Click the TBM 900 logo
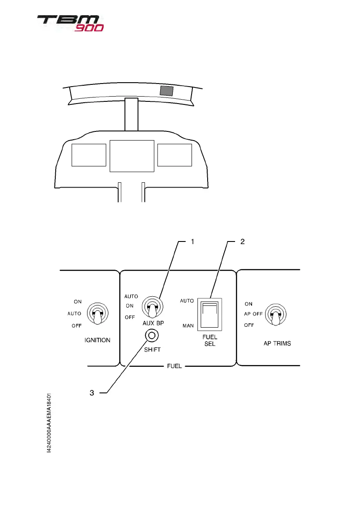70,23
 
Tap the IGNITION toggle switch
96,313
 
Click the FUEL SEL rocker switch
209,312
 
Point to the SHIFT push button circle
152,335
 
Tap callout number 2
242,242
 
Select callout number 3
92,393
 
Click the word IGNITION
97,340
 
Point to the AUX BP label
152,324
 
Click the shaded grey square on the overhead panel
166,91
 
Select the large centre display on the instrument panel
132,156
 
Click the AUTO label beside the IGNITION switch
74,313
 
